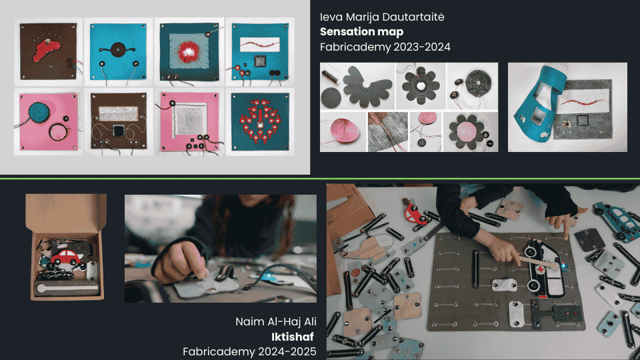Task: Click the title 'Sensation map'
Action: (x=361, y=32)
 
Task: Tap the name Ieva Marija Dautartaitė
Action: (x=382, y=17)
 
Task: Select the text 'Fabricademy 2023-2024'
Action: (x=385, y=47)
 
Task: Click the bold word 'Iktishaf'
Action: (x=293, y=337)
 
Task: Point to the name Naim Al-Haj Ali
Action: (x=276, y=321)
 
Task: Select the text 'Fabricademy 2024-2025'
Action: (x=249, y=351)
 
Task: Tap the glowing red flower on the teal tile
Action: (x=189, y=52)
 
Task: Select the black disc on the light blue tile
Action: (x=118, y=50)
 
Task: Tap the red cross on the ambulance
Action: (x=541, y=270)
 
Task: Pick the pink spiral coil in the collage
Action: (x=343, y=131)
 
